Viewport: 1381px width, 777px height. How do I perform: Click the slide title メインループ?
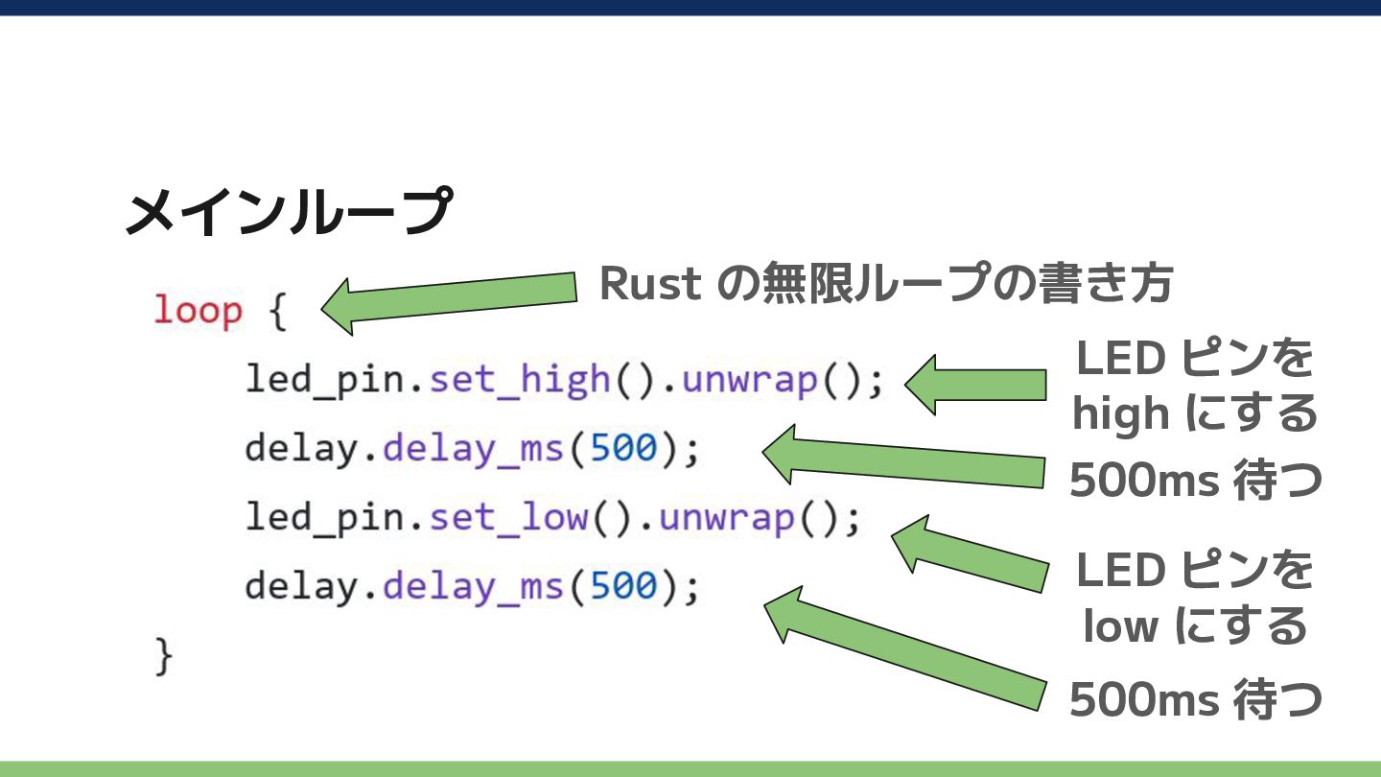289,211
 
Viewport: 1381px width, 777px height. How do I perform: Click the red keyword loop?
198,311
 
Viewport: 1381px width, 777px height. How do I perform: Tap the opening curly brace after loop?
278,312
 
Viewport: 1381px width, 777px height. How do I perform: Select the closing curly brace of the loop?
163,656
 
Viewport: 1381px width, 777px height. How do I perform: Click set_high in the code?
520,379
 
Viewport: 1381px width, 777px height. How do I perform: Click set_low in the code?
508,517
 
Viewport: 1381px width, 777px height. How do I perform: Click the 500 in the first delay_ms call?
623,448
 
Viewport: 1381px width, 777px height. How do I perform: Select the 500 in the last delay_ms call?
623,585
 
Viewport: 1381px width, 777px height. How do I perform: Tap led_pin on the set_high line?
324,380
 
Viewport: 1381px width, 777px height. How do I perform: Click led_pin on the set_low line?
324,517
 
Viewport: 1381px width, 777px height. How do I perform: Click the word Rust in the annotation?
651,284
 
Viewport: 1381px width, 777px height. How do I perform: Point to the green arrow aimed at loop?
449,304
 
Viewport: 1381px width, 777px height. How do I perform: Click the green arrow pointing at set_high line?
975,385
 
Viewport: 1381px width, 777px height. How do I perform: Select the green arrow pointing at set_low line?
970,553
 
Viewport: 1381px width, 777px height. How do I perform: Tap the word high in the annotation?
1121,413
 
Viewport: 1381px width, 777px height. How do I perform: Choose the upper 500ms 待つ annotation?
1195,480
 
